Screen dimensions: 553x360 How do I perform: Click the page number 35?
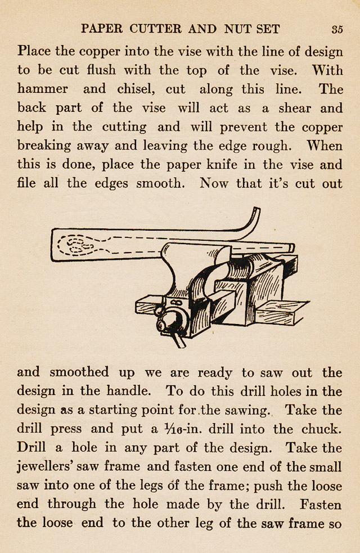point(337,29)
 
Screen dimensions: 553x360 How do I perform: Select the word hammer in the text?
point(43,89)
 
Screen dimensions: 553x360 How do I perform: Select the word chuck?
point(321,429)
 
